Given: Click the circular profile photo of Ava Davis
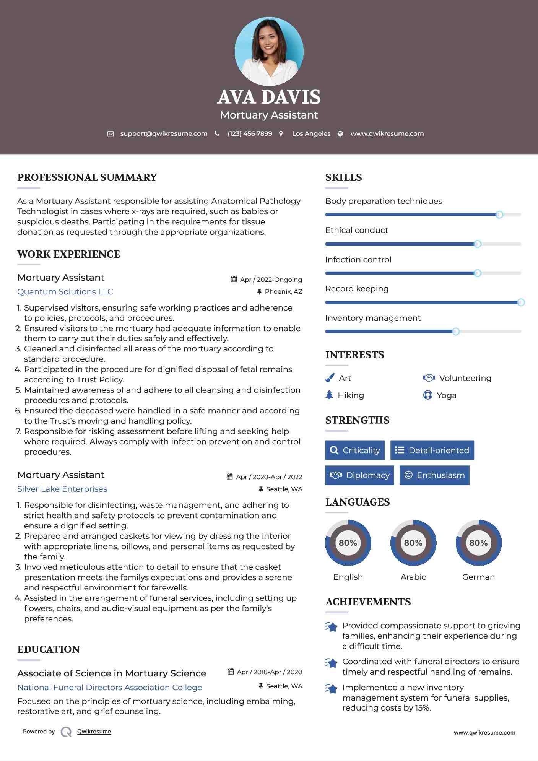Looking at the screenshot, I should pos(269,51).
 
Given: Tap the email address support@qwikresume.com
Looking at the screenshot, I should pos(164,133).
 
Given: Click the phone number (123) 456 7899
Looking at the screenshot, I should pos(250,133).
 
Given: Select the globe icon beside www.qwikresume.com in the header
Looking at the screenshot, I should pos(340,133).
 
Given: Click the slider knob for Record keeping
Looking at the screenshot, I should pos(521,302).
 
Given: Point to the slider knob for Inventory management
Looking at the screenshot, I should pos(455,332).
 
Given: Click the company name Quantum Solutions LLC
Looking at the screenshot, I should pos(65,292).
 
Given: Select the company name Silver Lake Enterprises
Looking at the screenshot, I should pos(62,489).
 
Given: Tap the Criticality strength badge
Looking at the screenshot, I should pos(355,450).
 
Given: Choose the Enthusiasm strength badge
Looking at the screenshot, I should pos(434,475).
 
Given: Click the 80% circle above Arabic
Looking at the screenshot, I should pos(413,543).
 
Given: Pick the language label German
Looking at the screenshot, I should pos(478,577).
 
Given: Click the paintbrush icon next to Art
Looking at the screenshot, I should pos(330,378).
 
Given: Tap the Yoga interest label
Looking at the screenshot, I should pos(447,395).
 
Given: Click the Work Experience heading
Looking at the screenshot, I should pos(68,254).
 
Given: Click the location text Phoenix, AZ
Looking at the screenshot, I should pos(283,291).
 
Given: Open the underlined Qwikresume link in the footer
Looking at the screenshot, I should pos(94,732).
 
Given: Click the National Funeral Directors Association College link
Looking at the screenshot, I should pos(109,687).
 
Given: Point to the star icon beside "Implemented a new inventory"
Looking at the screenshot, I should pos(332,689).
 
